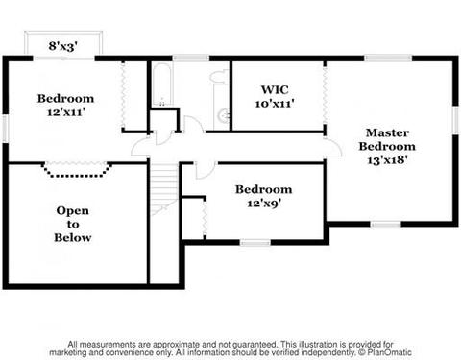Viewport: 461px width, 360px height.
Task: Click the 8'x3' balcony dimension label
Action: [x=63, y=46]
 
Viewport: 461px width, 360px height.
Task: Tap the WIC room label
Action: [x=275, y=89]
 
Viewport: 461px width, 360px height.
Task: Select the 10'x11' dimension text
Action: [x=275, y=104]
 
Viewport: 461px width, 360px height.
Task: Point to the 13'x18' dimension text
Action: [x=387, y=159]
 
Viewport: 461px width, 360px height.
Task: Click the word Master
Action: [x=387, y=132]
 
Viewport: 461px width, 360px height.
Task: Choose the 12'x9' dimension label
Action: [x=264, y=203]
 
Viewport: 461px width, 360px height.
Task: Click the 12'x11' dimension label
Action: [x=66, y=111]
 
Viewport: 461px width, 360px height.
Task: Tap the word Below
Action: [x=73, y=237]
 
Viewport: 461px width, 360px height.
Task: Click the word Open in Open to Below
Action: [x=73, y=210]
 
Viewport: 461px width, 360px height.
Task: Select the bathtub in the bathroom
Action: [x=161, y=84]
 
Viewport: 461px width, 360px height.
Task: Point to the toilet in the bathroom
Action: [x=220, y=78]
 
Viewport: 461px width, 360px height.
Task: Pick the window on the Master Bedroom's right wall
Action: [x=455, y=120]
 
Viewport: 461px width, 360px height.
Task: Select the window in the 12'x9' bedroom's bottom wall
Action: [x=255, y=243]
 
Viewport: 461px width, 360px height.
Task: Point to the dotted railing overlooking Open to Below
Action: [x=77, y=171]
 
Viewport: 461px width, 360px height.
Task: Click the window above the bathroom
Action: [x=191, y=59]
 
